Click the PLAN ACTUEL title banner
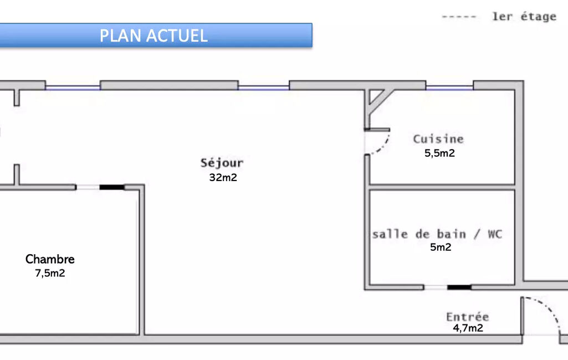[x=154, y=35]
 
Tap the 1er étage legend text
[x=524, y=17]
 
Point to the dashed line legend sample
[x=459, y=17]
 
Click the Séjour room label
[x=222, y=163]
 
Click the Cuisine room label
[x=438, y=139]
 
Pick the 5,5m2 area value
[x=439, y=153]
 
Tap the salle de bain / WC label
[x=437, y=234]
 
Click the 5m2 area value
[x=441, y=248]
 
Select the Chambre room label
[x=50, y=259]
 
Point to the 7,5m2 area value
[x=50, y=273]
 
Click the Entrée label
[x=468, y=317]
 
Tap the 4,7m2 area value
[x=468, y=328]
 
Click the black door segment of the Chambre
[x=112, y=187]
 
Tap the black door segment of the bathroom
[x=459, y=287]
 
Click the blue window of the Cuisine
[x=449, y=87]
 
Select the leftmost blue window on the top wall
[x=73, y=87]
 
